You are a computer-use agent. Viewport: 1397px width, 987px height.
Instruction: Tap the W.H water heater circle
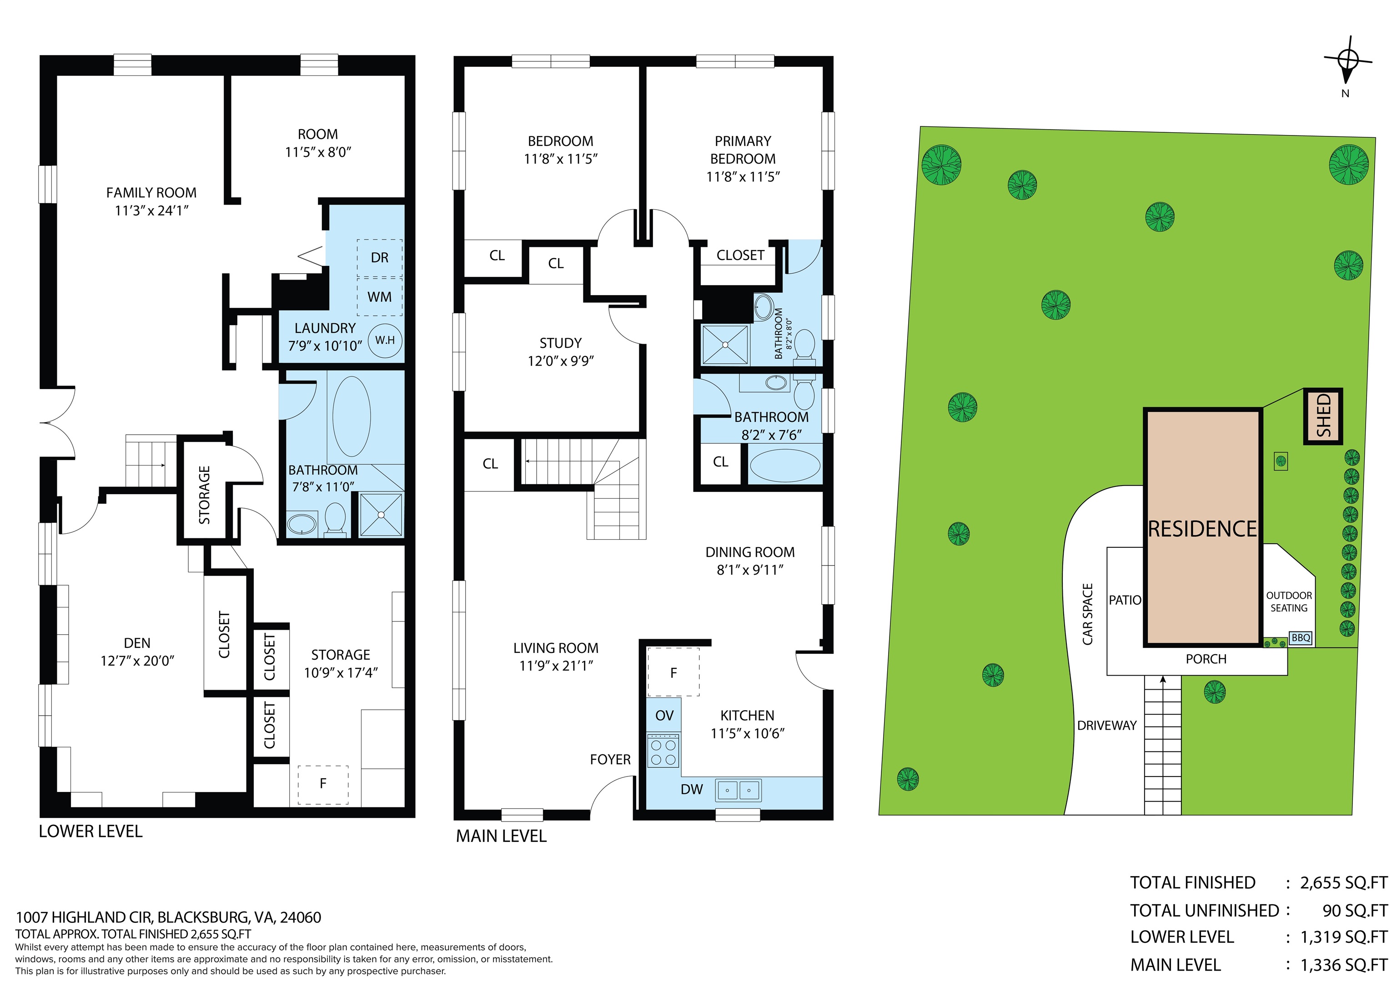(x=385, y=340)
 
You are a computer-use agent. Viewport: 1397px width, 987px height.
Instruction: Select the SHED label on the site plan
(x=1323, y=416)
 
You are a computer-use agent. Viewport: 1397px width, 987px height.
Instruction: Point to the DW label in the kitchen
(x=691, y=789)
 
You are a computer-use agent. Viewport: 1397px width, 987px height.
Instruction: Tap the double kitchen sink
(x=739, y=791)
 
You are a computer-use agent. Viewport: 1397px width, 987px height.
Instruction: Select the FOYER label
(x=610, y=760)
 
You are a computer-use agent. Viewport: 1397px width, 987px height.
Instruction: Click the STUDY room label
(x=560, y=343)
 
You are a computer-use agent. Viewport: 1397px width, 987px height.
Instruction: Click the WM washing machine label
(x=379, y=297)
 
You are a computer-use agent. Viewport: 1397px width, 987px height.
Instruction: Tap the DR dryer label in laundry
(x=379, y=258)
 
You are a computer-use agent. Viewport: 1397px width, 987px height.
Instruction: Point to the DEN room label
(x=137, y=643)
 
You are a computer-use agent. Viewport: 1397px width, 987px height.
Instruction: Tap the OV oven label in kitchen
(x=664, y=716)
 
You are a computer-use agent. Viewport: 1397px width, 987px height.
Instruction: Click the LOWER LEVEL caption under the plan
(x=90, y=832)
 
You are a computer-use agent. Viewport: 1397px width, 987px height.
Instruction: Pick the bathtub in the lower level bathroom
(x=351, y=416)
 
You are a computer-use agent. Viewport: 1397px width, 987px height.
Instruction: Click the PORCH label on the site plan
(x=1206, y=659)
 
